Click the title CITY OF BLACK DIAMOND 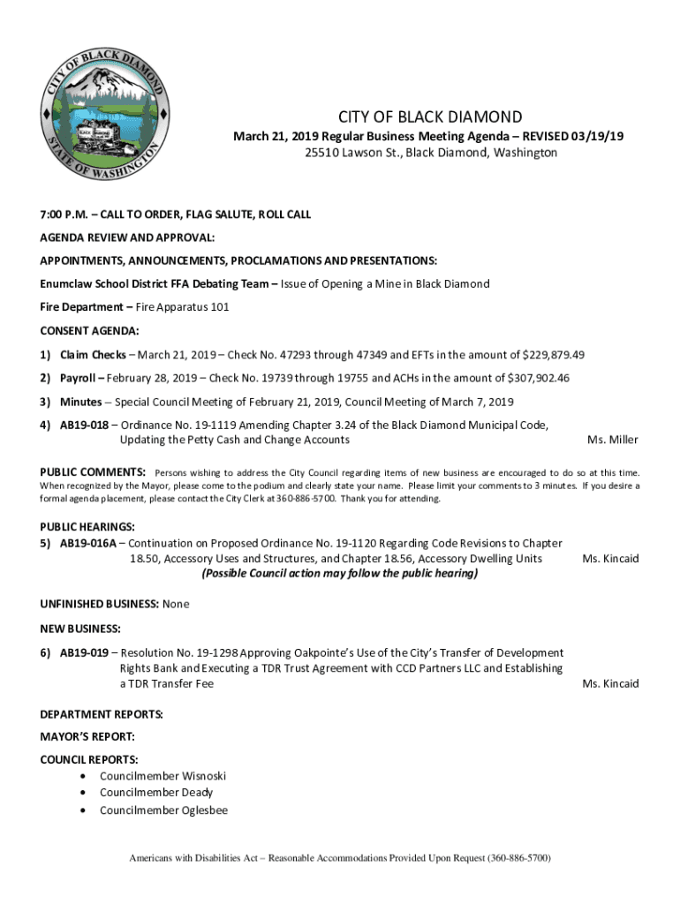tap(430, 117)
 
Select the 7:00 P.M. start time tap(61, 215)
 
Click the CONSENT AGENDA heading tap(89, 331)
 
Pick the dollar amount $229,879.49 tap(554, 355)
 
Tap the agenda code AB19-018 tap(84, 425)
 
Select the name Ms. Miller tap(613, 440)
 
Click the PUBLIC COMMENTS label tap(93, 473)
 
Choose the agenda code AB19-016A tap(88, 543)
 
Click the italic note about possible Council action tap(339, 574)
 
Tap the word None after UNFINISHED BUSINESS tap(176, 604)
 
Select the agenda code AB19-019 tap(84, 652)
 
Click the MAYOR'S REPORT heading tap(87, 736)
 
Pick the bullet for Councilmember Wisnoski tap(83, 776)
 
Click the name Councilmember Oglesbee tap(163, 810)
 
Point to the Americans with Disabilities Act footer tap(340, 858)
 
